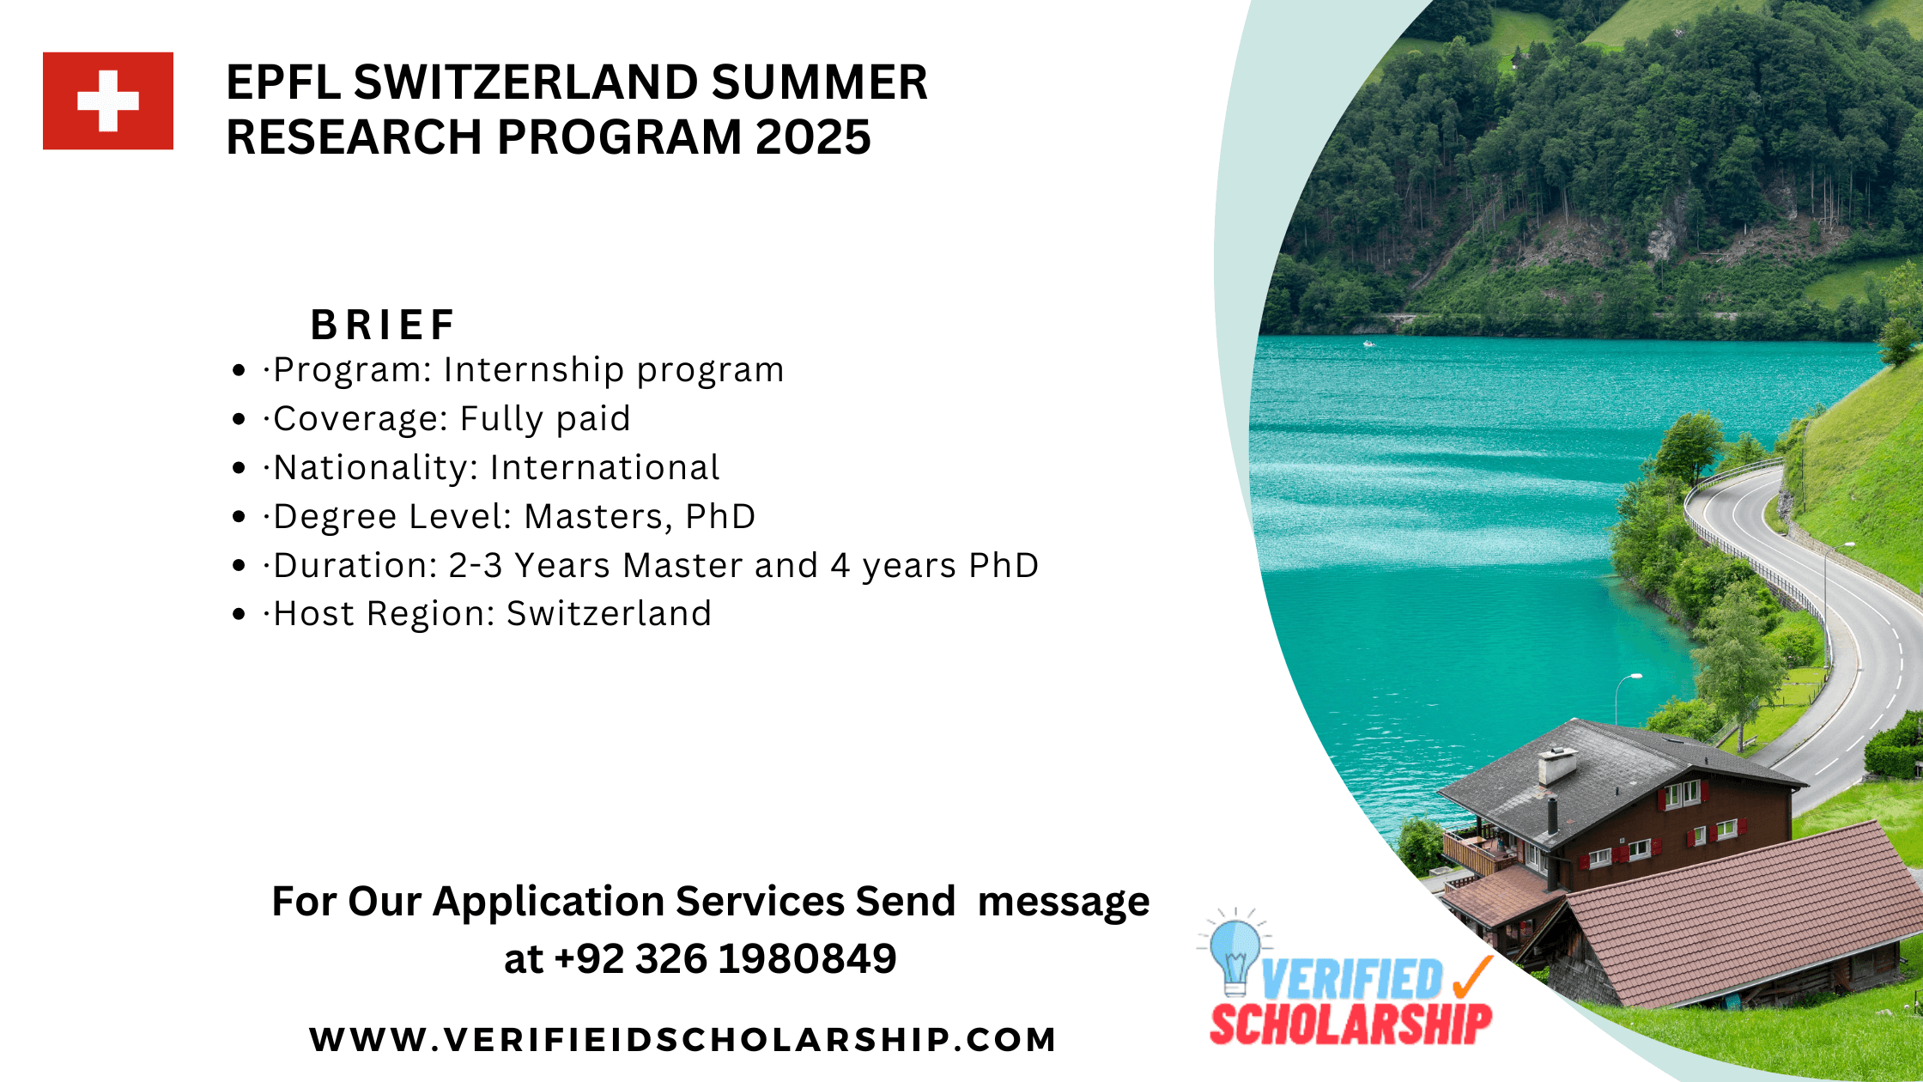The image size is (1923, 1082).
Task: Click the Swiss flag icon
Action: tap(108, 101)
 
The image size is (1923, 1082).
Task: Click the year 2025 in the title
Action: tap(813, 137)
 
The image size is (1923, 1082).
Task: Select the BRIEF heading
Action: tap(383, 325)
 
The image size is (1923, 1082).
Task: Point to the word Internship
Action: tap(533, 370)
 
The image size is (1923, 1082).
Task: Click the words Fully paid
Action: tap(545, 419)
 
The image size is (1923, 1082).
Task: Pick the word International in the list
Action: tap(604, 468)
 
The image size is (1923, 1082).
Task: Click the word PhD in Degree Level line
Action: tap(720, 517)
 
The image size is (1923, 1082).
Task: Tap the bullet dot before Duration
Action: tap(239, 566)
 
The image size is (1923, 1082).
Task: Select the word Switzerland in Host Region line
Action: tap(609, 614)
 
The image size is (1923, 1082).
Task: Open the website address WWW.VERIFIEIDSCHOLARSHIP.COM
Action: tap(682, 1039)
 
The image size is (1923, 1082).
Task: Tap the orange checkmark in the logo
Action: tap(1473, 977)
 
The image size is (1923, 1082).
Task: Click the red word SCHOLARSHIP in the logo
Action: tap(1350, 1024)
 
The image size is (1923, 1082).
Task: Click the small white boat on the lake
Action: tap(1368, 344)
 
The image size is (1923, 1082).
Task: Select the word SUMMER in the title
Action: tap(819, 82)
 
